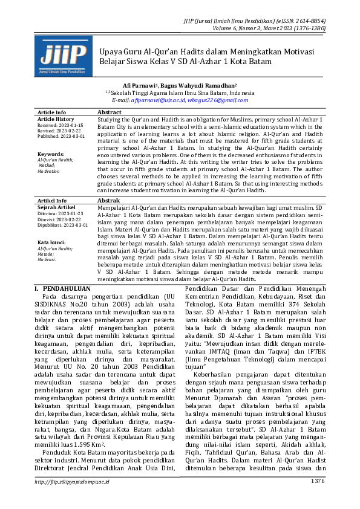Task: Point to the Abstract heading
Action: (110, 112)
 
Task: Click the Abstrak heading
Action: (109, 200)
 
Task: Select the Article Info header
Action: (52, 112)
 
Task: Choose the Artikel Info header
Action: (53, 200)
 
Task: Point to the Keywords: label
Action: (51, 154)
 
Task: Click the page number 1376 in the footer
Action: (318, 498)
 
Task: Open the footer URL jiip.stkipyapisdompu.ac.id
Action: (72, 498)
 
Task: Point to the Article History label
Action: (56, 119)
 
